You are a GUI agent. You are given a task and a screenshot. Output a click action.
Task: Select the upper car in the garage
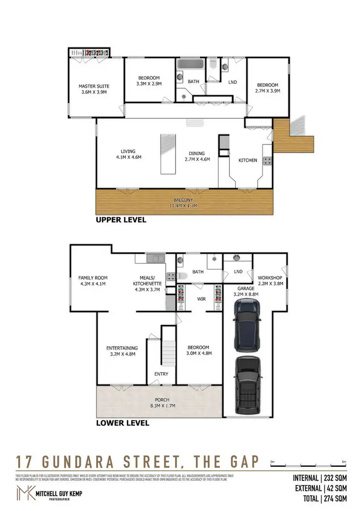tap(247, 324)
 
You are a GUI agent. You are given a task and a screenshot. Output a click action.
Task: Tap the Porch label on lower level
tap(162, 399)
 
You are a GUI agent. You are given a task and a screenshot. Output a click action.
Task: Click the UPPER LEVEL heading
tap(120, 220)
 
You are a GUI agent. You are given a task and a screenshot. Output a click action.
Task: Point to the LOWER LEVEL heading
tap(123, 423)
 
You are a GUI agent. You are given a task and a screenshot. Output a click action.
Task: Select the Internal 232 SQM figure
tap(320, 478)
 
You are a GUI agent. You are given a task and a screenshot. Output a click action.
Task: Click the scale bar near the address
tap(307, 464)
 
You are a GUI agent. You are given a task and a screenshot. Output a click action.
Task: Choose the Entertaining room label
tap(122, 351)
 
